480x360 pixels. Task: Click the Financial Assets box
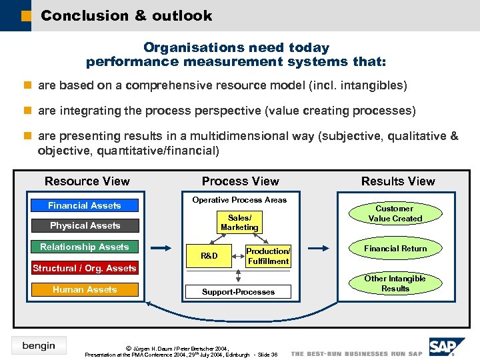click(84, 205)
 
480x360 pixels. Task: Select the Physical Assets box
click(84, 225)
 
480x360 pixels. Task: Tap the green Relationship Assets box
click(84, 247)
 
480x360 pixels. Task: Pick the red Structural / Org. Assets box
click(84, 268)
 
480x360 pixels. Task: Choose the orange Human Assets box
click(84, 289)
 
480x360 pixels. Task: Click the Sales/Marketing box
click(239, 223)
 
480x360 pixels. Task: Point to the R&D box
click(209, 255)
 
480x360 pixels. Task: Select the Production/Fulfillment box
click(268, 256)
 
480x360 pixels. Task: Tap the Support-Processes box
click(239, 292)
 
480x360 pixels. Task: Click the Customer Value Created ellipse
click(395, 213)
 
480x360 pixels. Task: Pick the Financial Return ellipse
click(395, 249)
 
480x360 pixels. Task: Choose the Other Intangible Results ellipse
click(395, 283)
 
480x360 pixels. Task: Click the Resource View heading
click(87, 181)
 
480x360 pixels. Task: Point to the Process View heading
click(240, 181)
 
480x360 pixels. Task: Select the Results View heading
click(397, 181)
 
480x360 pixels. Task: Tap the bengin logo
click(39, 345)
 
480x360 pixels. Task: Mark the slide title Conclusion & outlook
click(126, 15)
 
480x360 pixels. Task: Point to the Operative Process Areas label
click(239, 200)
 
